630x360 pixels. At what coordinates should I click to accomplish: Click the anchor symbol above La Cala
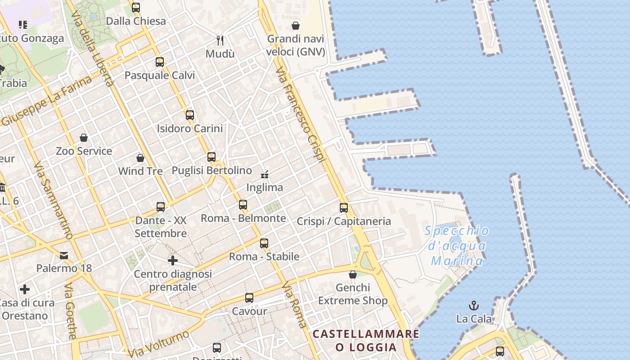click(473, 306)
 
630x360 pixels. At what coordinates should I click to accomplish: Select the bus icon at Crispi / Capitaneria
click(344, 208)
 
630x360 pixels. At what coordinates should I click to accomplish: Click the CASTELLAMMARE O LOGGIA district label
click(366, 341)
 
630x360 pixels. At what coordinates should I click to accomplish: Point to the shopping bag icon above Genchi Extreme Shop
click(353, 274)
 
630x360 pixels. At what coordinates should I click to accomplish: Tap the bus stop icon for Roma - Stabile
click(264, 243)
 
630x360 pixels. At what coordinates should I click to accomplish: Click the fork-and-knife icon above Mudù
click(220, 40)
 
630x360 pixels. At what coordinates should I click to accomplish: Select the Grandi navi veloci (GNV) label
click(296, 45)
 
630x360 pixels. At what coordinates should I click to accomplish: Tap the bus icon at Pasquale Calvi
click(160, 62)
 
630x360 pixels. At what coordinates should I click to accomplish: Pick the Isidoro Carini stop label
click(190, 129)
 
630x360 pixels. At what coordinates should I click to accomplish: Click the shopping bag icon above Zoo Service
click(84, 138)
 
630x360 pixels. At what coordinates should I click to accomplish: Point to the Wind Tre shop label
click(140, 171)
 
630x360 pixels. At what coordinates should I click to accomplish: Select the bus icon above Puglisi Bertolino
click(211, 157)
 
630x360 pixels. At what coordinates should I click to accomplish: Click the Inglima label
click(265, 187)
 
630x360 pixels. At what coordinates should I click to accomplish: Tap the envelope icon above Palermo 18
click(64, 256)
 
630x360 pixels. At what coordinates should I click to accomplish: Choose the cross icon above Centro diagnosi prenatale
click(173, 261)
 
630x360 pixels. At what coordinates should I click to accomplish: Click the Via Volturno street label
click(158, 344)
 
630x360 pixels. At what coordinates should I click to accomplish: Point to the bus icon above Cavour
click(249, 298)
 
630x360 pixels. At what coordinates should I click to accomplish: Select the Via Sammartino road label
click(53, 200)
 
